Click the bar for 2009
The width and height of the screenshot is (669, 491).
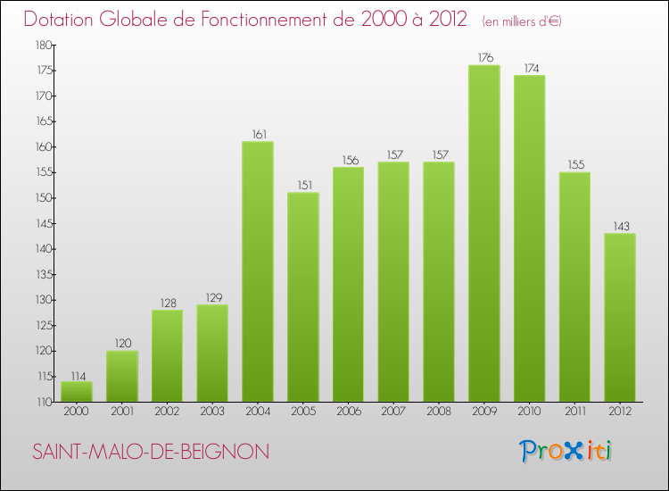[483, 234]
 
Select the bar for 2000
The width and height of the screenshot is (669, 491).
[77, 392]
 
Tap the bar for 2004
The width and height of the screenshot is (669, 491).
[258, 271]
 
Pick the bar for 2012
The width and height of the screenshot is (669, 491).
[619, 318]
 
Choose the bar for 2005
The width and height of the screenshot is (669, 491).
[302, 297]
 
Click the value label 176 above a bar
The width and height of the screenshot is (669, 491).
[483, 58]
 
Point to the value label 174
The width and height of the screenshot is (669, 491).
[529, 68]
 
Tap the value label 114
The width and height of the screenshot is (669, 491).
[77, 374]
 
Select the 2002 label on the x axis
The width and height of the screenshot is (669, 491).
[167, 412]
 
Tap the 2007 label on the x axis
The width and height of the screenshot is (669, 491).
[393, 412]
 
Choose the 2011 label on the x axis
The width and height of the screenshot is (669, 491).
[574, 412]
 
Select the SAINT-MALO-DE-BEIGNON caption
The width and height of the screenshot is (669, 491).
[151, 453]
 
